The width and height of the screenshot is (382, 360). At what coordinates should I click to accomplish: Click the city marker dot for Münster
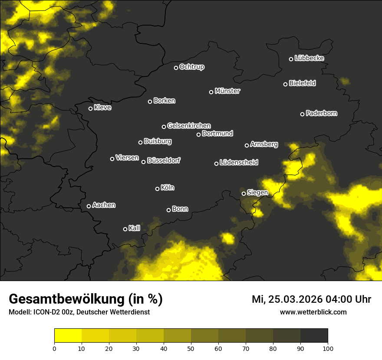[211, 92]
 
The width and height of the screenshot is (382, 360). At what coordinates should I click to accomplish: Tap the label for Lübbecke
[309, 58]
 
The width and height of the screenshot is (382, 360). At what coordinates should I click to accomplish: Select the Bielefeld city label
[302, 83]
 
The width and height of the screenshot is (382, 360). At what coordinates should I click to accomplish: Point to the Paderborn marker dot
[303, 114]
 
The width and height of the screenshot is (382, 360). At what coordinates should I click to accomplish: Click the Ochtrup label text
[191, 67]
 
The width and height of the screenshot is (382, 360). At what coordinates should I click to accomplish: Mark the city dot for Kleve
[91, 108]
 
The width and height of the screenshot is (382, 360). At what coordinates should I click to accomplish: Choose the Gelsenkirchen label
[189, 126]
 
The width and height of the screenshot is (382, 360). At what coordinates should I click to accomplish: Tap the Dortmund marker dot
[199, 134]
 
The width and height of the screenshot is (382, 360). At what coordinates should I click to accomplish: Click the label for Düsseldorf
[164, 160]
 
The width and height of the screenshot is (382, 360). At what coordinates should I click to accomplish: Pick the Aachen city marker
[89, 206]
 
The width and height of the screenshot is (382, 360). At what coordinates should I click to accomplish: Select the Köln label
[168, 188]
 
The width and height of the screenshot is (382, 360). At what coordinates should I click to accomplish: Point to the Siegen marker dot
[244, 193]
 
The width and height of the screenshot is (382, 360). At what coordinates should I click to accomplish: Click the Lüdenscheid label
[239, 163]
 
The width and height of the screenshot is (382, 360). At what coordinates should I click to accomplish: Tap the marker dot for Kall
[125, 229]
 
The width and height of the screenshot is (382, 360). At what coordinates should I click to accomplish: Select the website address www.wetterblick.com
[313, 312]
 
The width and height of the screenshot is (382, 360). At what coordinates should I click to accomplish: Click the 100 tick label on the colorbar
[328, 348]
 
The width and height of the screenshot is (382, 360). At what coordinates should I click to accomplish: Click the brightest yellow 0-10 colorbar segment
[68, 335]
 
